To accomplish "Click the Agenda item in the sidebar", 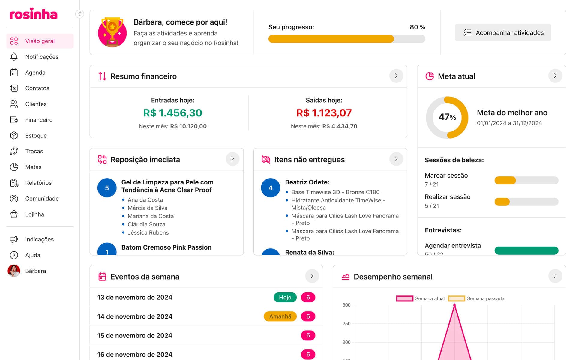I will (x=35, y=73).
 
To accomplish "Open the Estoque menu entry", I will (x=36, y=136).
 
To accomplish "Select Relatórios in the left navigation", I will (x=38, y=183).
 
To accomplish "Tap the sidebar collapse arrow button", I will (x=79, y=14).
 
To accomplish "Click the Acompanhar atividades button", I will (x=503, y=32).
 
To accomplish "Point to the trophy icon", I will (x=112, y=32).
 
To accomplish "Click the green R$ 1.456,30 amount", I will (x=172, y=113).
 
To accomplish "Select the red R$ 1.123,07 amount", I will (x=324, y=113).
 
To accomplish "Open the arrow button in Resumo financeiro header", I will (x=396, y=76).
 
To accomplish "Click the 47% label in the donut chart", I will (x=447, y=117).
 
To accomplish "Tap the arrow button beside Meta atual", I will (x=555, y=76).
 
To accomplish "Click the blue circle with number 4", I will (x=270, y=188).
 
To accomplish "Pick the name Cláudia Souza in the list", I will (x=146, y=224).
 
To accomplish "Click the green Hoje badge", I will (x=285, y=297).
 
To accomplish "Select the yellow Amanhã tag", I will (x=280, y=316).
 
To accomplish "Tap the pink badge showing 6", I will (x=308, y=297).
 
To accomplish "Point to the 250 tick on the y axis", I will (x=346, y=324).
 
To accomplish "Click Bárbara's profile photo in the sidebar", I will (x=14, y=271).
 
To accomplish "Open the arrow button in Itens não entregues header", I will (x=396, y=159).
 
